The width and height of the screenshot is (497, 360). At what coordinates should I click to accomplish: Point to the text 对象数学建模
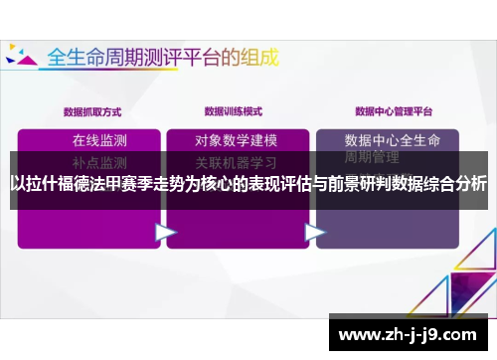click(x=236, y=139)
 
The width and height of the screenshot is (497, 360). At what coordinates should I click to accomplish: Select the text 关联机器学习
click(x=236, y=160)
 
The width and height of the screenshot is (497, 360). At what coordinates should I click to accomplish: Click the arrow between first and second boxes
click(x=165, y=232)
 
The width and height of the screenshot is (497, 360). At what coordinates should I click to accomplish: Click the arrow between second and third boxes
click(x=315, y=232)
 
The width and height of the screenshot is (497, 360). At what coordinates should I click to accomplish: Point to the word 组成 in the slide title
click(x=256, y=55)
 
